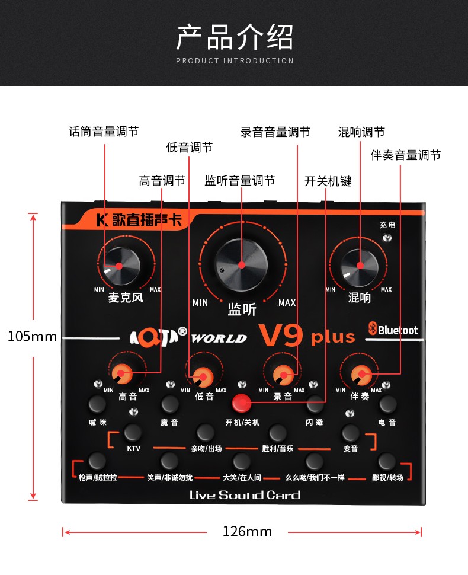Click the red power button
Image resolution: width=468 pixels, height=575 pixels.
point(242,402)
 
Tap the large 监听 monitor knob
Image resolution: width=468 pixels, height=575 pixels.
point(242,265)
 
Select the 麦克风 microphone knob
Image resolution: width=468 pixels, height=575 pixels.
point(120,266)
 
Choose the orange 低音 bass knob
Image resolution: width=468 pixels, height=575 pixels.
point(203,376)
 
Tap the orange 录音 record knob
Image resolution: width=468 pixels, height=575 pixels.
point(283,375)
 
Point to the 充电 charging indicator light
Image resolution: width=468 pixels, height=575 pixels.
point(387,238)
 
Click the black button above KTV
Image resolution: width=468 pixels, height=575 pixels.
point(133,432)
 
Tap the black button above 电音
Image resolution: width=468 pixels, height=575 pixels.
point(388,404)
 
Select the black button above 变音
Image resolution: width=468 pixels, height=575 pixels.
point(350,433)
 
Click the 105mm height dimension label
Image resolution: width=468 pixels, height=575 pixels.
point(32,336)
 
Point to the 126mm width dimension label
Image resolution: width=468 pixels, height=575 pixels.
point(248,532)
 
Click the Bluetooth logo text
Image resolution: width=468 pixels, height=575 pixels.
point(393,329)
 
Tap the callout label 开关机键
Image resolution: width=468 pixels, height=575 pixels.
point(328,181)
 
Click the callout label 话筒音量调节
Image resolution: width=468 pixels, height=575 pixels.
point(104,131)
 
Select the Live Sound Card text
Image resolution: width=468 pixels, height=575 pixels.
point(245,495)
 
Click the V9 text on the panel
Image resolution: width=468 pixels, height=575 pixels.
point(281,335)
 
